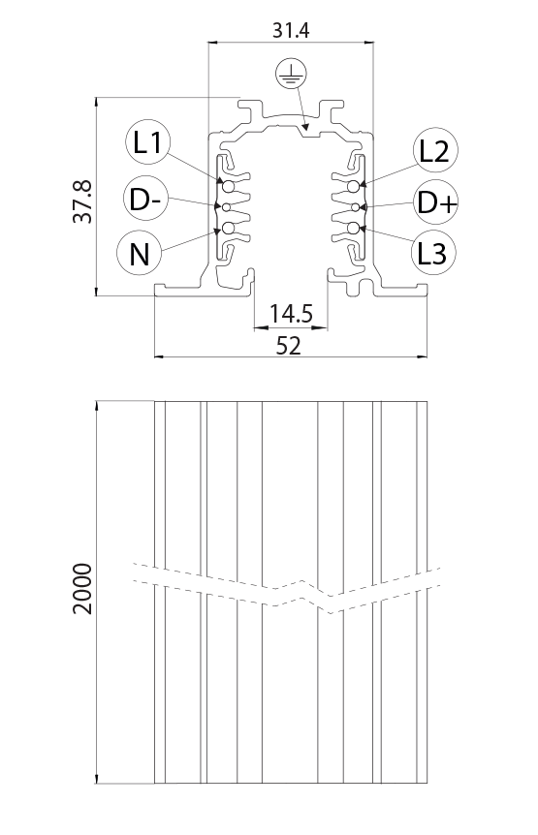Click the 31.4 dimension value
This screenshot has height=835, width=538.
pos(291,30)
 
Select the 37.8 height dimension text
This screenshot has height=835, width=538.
pos(83,201)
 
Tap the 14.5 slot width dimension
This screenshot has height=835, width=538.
pos(291,314)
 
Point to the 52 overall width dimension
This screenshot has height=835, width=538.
pos(289,346)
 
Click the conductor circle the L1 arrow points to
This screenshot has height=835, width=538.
pos(229,186)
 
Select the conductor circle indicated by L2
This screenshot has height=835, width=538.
pos(353,186)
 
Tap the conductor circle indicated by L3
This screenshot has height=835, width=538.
pos(353,229)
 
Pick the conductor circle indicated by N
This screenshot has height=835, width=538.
pos(229,229)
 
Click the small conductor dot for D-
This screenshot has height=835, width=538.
pos(227,206)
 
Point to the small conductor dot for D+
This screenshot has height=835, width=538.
pos(356,206)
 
